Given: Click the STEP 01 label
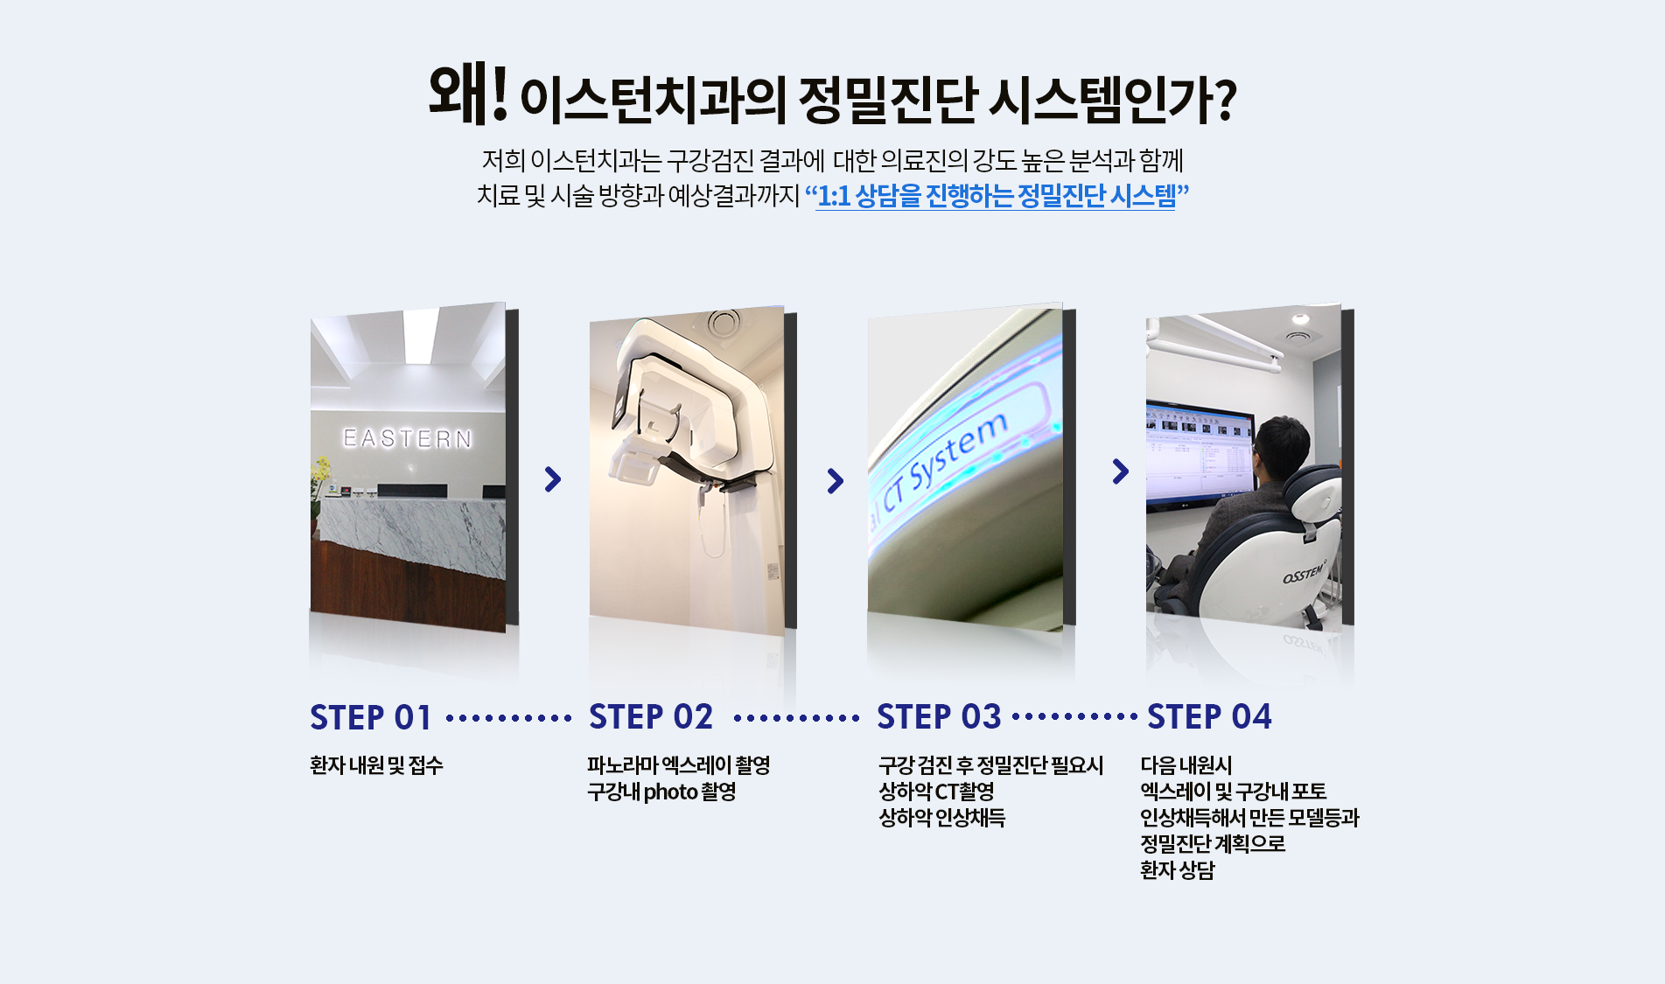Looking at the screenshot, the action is [371, 717].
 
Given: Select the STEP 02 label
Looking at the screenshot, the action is [651, 717].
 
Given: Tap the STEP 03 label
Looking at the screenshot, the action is [939, 717].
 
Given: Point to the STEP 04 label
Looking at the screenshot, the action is [1209, 717].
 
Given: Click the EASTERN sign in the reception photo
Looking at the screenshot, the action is [408, 438].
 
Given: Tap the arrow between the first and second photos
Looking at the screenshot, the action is [552, 479].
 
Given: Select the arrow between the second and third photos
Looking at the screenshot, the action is [836, 480].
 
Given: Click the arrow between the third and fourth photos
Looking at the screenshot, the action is [1121, 471].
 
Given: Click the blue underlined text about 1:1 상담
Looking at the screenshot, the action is [996, 195].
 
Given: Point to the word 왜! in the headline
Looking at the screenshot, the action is [468, 94].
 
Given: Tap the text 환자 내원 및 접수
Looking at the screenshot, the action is [376, 765].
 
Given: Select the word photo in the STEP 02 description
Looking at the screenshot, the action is [670, 792].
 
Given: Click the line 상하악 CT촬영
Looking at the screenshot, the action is [936, 792].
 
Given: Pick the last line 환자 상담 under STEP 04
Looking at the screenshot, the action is [1178, 870].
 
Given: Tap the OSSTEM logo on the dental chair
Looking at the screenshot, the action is [1304, 574].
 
